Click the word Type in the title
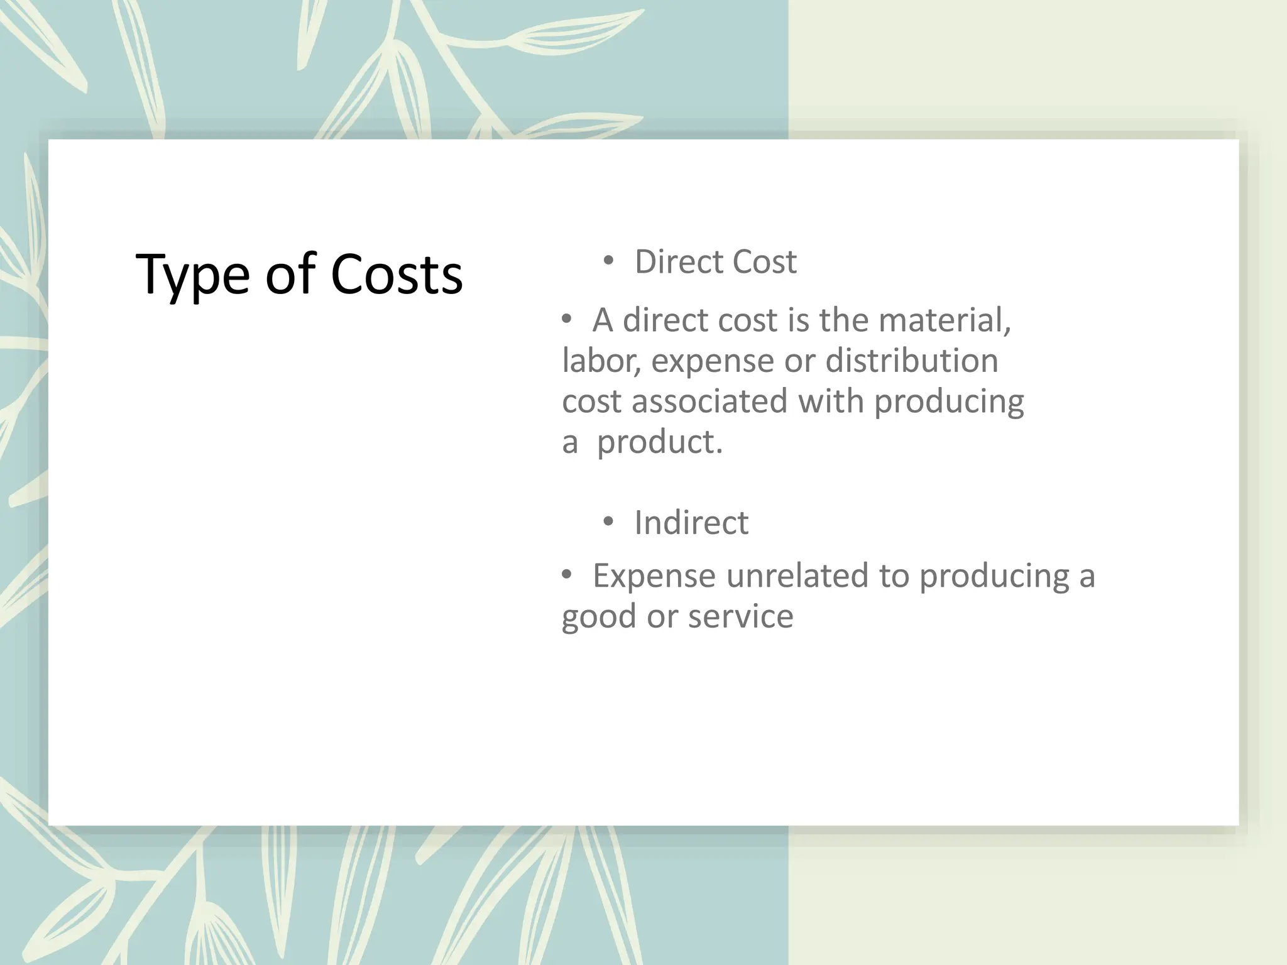coord(192,275)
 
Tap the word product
coord(659,442)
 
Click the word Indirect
coord(691,523)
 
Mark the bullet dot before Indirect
coord(608,521)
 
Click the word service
coord(741,616)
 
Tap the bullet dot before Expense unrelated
coord(567,574)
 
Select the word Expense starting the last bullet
coord(654,575)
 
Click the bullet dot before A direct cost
coord(567,319)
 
